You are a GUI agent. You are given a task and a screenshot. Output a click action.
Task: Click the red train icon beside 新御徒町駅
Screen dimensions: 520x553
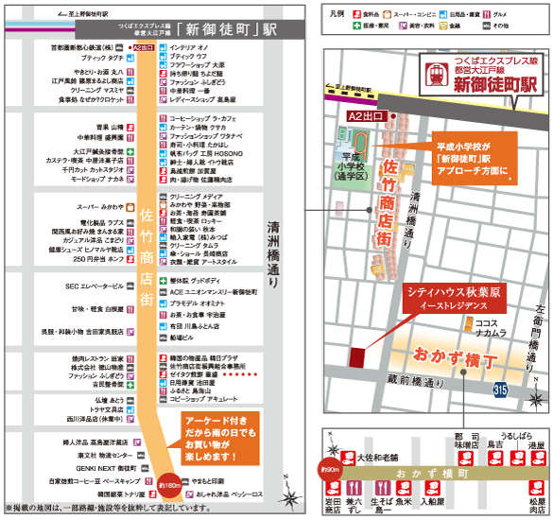point(436,75)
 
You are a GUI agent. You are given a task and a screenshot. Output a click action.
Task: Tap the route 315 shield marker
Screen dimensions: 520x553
point(500,389)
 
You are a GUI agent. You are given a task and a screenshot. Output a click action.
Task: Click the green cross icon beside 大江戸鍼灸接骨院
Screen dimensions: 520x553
point(133,151)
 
